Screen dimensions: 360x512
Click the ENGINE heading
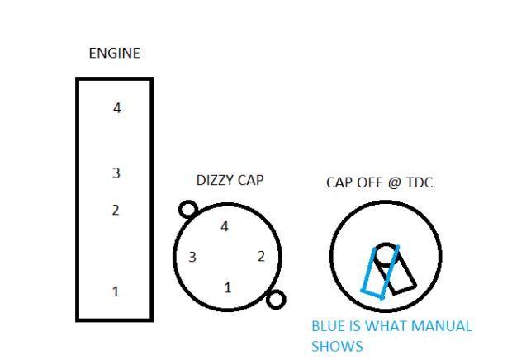[x=114, y=54]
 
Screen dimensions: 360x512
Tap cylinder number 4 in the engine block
[x=116, y=107]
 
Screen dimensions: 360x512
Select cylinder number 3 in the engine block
[x=116, y=173]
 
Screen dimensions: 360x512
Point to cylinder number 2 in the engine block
[x=116, y=210]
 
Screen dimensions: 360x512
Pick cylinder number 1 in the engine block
[x=116, y=291]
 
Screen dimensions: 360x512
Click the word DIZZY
[x=214, y=180]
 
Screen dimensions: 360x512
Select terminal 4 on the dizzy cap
[x=225, y=225]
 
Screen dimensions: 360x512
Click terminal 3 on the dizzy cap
[x=192, y=257]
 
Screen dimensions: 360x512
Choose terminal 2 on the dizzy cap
[x=261, y=257]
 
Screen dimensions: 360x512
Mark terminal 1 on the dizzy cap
[x=227, y=287]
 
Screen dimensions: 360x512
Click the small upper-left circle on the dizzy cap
[x=187, y=210]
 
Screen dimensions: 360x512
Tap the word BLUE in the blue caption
[x=328, y=326]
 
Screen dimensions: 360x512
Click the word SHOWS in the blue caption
[x=337, y=346]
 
